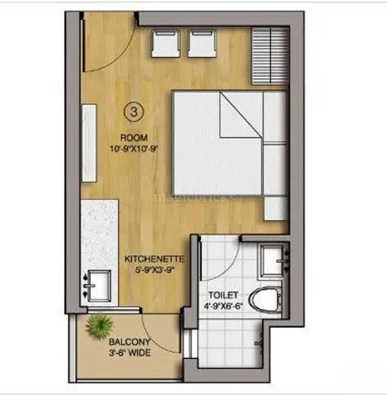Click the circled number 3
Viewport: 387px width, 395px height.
(134, 112)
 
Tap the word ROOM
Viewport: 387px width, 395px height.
(134, 138)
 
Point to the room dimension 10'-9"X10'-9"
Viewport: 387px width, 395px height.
(134, 149)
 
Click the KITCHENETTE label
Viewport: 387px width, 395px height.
(155, 259)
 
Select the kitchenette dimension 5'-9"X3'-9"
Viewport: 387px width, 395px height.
(155, 270)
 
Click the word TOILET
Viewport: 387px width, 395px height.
(223, 295)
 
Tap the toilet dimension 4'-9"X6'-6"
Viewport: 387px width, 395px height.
(223, 306)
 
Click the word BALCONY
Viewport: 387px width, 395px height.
(130, 342)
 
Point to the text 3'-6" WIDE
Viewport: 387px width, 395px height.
(130, 353)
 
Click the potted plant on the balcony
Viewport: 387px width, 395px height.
(99, 326)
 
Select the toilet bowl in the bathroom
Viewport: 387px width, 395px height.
(265, 300)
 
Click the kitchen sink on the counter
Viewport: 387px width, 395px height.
(98, 286)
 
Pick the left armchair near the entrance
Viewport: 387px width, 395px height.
(166, 44)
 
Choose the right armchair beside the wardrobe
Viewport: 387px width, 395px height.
(202, 44)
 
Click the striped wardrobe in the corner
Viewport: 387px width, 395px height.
(270, 55)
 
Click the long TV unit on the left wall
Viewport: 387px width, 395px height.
(89, 143)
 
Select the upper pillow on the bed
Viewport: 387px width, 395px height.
(275, 118)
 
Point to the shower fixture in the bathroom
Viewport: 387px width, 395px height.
(259, 343)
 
